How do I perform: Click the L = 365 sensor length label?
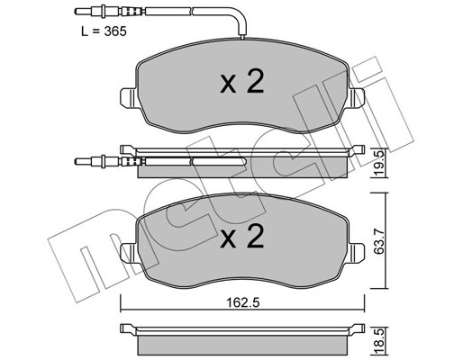click(104, 31)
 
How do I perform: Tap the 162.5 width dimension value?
click(242, 302)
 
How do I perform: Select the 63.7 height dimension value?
click(379, 241)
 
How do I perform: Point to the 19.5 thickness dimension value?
click(379, 165)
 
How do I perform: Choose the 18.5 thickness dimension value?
click(379, 340)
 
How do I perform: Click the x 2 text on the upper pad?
click(242, 82)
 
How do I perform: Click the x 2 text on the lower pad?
click(242, 237)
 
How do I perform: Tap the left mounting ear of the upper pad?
click(129, 98)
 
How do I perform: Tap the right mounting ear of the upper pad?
click(357, 98)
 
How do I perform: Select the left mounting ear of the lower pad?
click(129, 253)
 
